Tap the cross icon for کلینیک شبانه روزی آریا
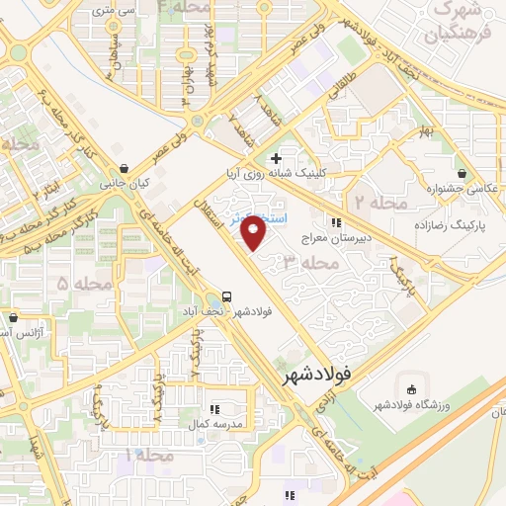point(275,158)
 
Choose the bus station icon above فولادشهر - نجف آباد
point(227,295)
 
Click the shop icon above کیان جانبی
point(123,168)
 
